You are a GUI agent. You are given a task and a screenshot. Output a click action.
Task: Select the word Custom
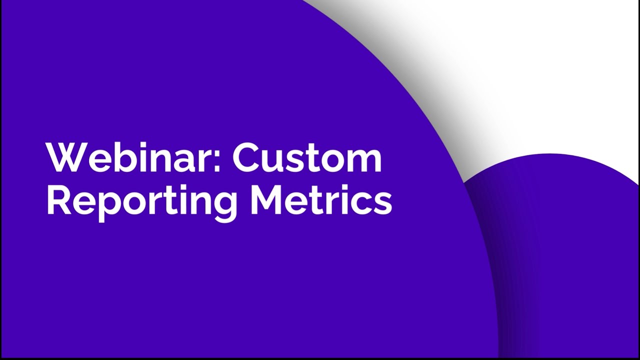point(307,157)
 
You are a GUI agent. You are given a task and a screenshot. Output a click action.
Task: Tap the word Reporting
point(142,201)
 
